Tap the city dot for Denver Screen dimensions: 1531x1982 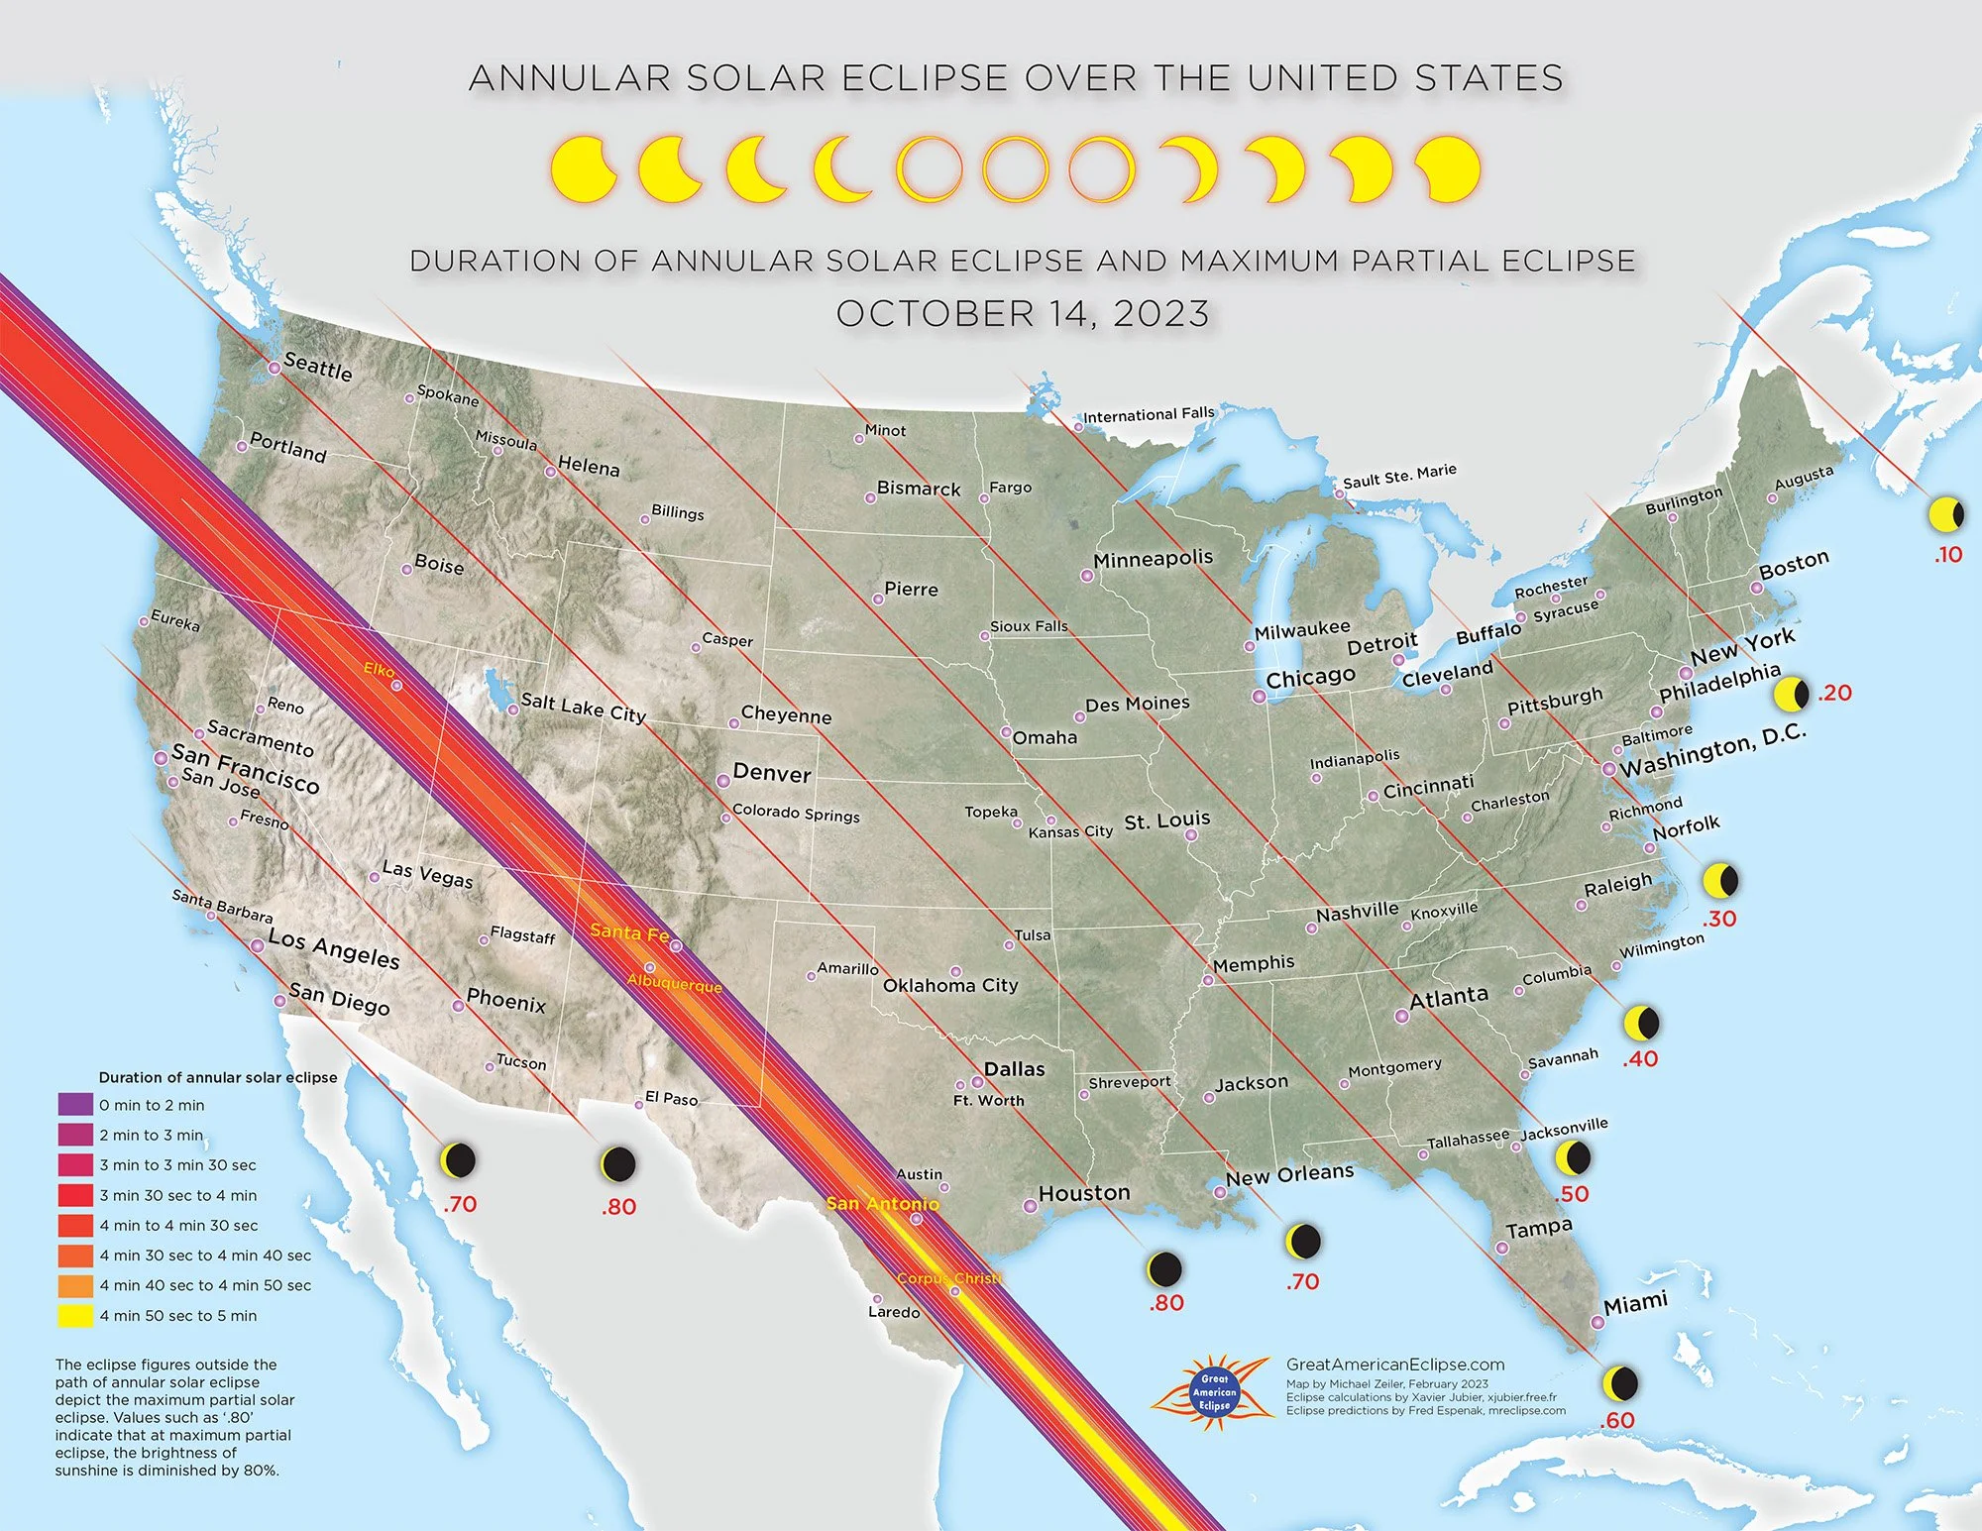[723, 781]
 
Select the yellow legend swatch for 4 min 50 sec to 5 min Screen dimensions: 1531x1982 [75, 1316]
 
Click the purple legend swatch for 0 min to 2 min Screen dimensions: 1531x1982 [75, 1105]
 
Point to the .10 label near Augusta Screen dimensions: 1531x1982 [1947, 555]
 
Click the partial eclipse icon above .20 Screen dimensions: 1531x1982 [1791, 695]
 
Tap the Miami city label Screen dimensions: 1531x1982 [1635, 1303]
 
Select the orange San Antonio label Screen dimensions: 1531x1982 [882, 1204]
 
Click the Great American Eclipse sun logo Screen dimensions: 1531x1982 [1214, 1391]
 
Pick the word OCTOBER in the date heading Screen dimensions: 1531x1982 [935, 314]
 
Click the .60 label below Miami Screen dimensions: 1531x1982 [1616, 1421]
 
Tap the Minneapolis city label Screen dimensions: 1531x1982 [1153, 559]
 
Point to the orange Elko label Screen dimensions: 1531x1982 [378, 670]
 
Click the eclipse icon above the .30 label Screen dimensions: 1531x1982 [1720, 880]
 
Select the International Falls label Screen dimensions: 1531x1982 [1148, 414]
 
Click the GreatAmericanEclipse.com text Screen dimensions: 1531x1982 [1394, 1365]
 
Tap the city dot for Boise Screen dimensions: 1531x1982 [406, 570]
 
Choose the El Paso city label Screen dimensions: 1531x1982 [671, 1098]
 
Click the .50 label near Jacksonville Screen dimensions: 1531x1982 [1573, 1194]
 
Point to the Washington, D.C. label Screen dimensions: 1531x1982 [1712, 750]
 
